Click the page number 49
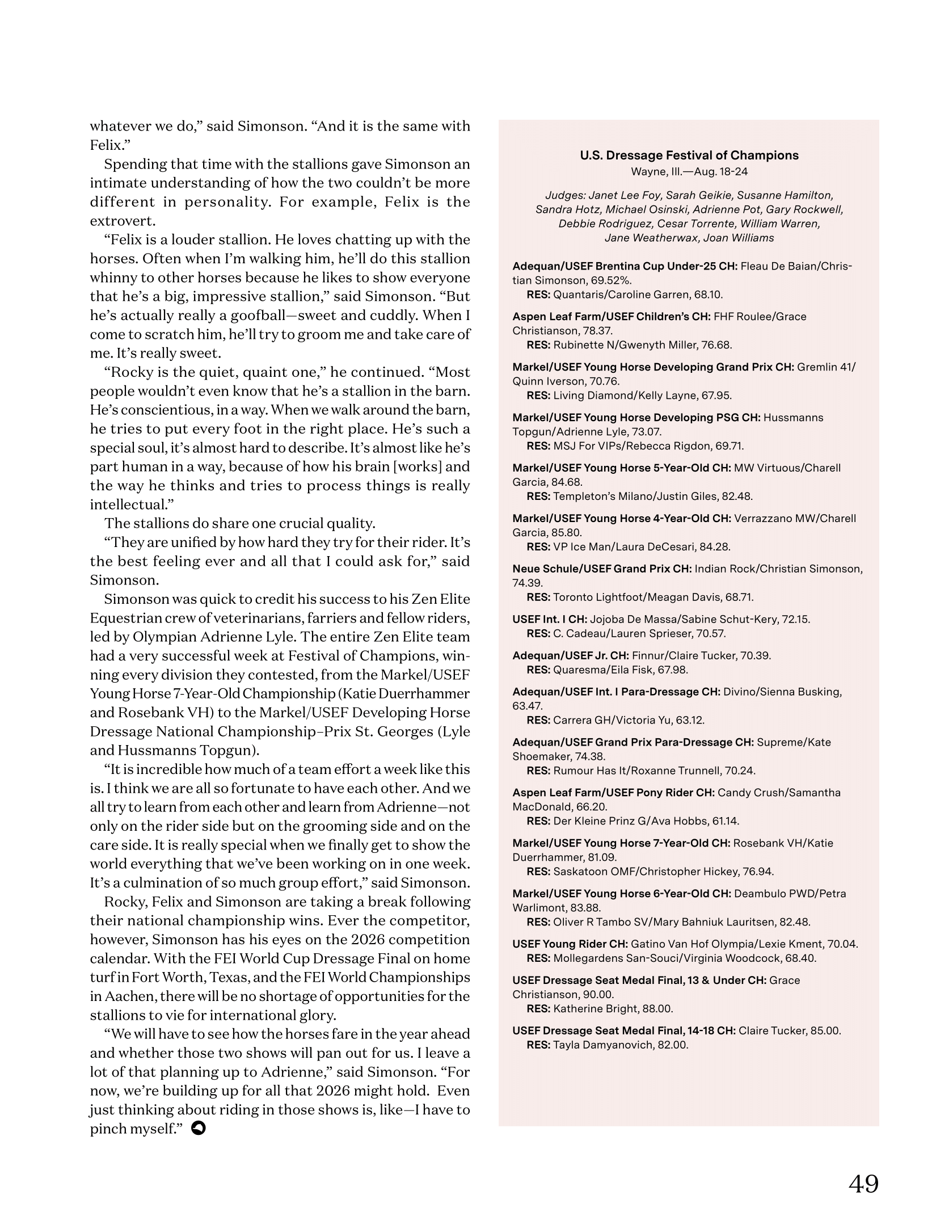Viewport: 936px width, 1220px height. pos(863,1184)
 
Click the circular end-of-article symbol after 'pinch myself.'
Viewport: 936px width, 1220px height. pos(199,1128)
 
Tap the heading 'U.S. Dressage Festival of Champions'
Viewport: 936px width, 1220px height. pos(689,155)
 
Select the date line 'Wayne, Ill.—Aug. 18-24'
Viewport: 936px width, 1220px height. pos(689,171)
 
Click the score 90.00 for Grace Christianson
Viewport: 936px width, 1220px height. pos(598,994)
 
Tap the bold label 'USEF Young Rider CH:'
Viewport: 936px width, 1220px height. pos(570,944)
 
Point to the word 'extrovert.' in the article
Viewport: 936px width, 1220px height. pos(123,221)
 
